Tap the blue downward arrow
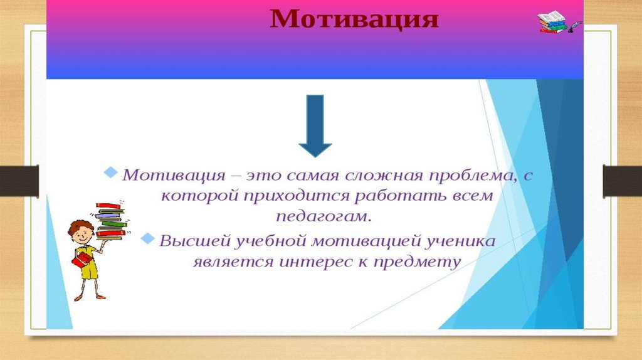coord(315,125)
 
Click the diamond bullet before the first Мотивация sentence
coord(110,172)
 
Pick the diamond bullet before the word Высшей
coord(147,238)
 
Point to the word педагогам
coord(324,216)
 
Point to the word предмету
coord(417,262)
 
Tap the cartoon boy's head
coord(81,232)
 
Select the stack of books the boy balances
coord(110,220)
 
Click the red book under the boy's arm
coord(82,260)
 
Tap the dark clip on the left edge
coord(19,181)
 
